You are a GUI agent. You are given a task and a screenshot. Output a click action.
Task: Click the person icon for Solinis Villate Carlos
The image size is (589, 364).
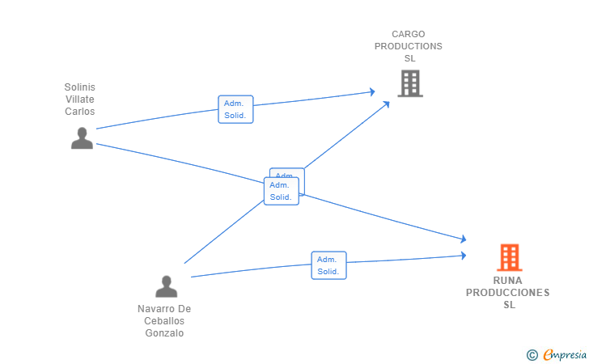click(82, 138)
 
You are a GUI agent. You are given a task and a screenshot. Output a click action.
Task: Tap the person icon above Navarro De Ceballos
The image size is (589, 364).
click(166, 286)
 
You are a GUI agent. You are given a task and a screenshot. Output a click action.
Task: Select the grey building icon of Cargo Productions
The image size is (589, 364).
click(410, 83)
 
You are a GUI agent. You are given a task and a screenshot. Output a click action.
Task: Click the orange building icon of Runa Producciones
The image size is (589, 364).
click(509, 257)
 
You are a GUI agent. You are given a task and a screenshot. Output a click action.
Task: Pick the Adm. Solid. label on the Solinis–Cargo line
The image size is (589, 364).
click(235, 109)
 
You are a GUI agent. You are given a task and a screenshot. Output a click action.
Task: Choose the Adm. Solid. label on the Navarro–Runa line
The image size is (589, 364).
click(328, 265)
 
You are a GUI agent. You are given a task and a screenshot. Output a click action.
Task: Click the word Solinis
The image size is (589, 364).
click(80, 87)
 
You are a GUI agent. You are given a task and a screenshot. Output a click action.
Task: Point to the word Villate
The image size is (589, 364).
click(80, 99)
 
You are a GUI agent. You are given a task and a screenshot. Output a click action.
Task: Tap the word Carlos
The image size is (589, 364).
click(80, 111)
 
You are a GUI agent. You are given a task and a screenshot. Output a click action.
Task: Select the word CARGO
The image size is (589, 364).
click(409, 34)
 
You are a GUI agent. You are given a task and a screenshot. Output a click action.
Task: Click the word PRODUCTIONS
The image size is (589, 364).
click(409, 46)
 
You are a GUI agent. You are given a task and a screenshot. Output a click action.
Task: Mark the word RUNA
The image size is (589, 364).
click(508, 281)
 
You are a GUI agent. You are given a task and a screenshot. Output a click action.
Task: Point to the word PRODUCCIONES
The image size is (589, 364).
click(508, 293)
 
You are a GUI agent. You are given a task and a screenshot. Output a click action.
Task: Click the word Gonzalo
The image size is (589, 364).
click(164, 333)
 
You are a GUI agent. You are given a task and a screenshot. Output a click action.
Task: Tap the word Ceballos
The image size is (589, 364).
click(164, 321)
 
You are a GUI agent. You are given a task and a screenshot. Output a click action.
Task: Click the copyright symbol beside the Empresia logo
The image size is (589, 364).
click(532, 354)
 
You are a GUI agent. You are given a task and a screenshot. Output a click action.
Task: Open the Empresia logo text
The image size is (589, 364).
click(565, 354)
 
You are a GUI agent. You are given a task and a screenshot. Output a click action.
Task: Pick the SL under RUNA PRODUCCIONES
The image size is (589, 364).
click(509, 305)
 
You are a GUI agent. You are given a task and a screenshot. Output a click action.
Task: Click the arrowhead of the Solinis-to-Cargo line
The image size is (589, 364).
click(372, 92)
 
